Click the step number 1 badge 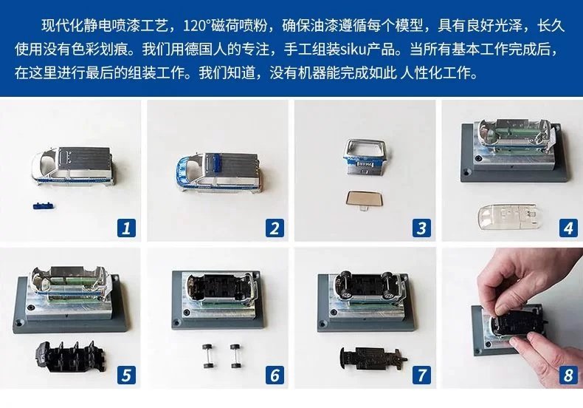coord(126,228)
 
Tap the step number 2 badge coord(275,228)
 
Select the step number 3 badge coord(421,228)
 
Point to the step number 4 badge coord(568,228)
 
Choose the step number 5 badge coord(126,375)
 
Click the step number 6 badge coord(275,375)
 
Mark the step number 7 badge coord(421,375)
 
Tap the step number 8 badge coord(568,375)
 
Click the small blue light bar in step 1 coord(43,205)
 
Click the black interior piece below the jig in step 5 coord(72,356)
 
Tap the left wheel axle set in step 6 coord(207,356)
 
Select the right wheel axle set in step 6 coord(236,356)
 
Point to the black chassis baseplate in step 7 coord(373,358)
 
